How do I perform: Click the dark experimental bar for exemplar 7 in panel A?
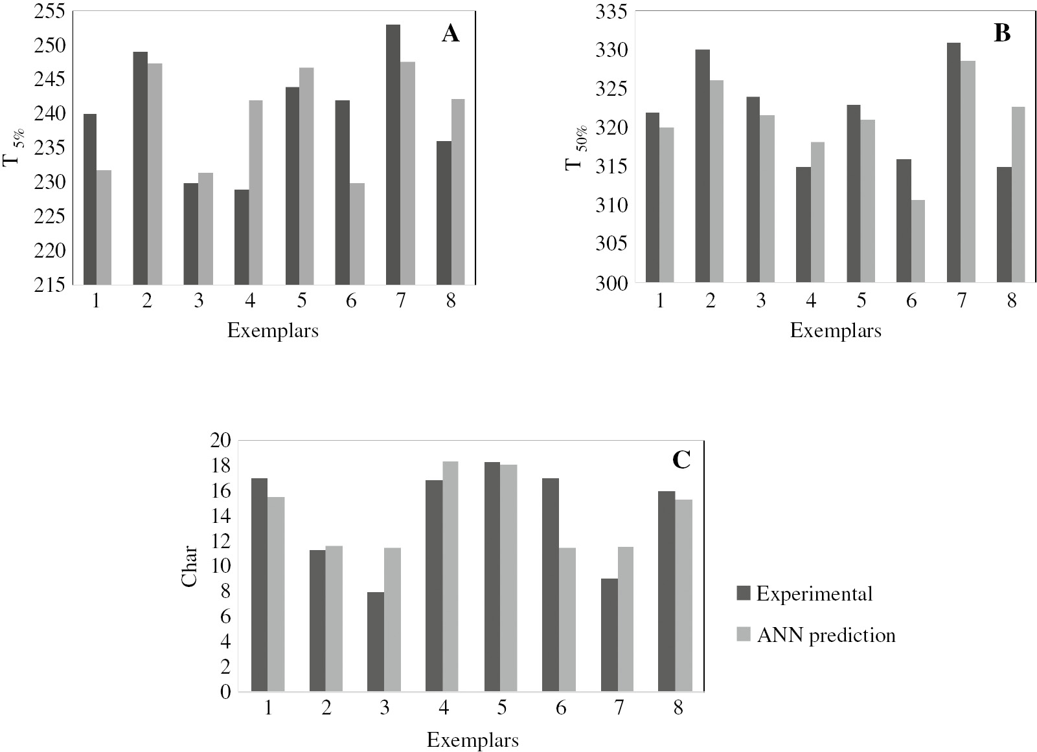point(393,155)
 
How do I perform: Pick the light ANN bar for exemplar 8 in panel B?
point(1018,194)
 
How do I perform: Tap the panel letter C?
point(681,460)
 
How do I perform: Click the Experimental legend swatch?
point(744,593)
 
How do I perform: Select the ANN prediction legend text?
point(826,635)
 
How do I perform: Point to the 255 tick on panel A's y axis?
point(50,12)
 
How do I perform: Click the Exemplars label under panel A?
point(273,331)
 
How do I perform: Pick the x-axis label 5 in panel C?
point(501,709)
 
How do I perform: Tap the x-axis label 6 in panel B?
point(911,302)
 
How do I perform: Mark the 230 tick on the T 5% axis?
point(50,182)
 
